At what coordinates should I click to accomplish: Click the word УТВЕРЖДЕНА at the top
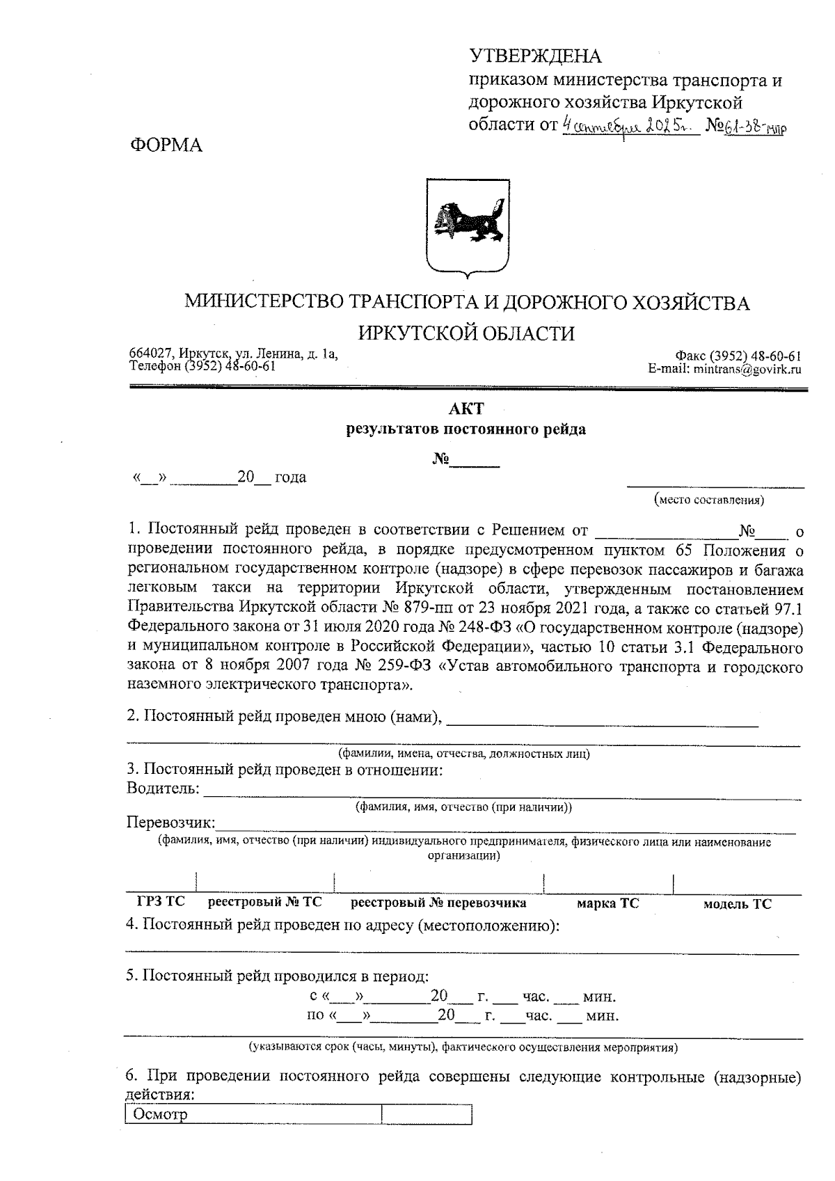(x=536, y=56)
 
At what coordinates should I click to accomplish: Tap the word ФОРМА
(x=166, y=145)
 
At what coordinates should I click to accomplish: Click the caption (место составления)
(x=708, y=500)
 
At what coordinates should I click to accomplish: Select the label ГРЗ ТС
(x=161, y=903)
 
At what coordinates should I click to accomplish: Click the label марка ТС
(x=607, y=903)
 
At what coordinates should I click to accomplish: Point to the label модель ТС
(x=737, y=904)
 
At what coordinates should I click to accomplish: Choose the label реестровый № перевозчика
(x=438, y=903)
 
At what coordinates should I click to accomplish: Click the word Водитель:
(x=163, y=788)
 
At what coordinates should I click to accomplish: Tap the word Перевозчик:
(x=170, y=823)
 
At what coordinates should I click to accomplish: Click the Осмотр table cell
(x=253, y=1114)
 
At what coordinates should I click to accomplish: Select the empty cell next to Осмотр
(x=426, y=1114)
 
